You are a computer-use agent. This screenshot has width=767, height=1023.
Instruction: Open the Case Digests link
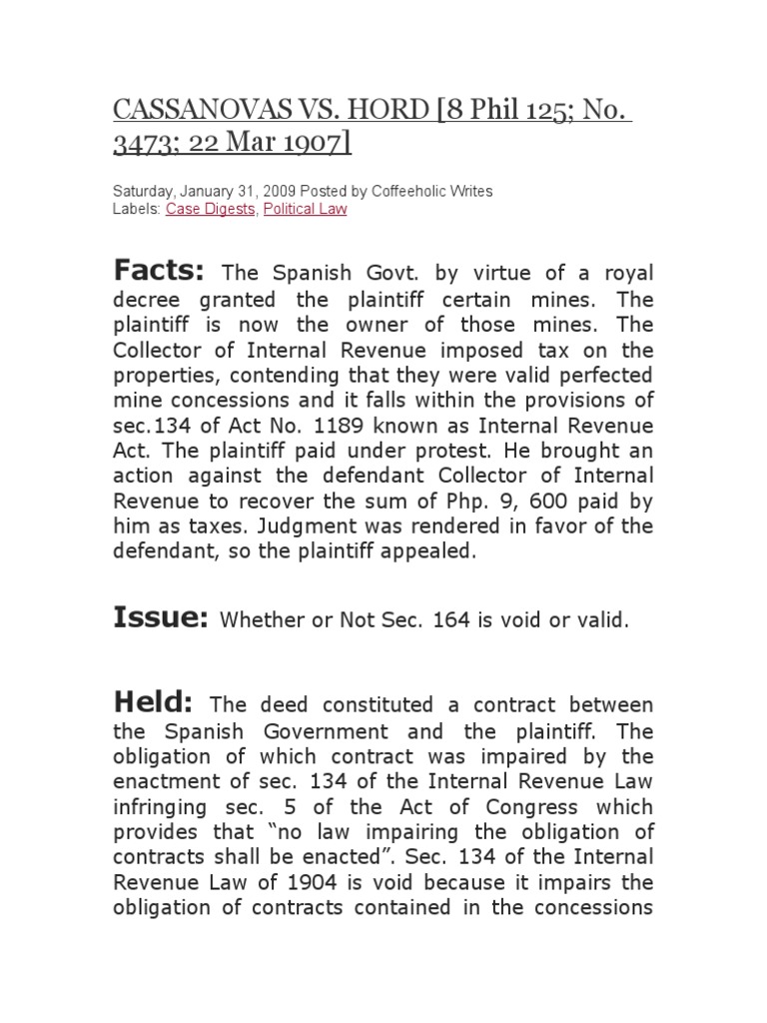click(211, 209)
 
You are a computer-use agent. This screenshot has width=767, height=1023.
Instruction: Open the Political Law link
click(305, 209)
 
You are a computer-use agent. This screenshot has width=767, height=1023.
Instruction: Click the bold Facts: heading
click(159, 270)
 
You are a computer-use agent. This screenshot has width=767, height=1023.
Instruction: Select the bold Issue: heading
click(160, 618)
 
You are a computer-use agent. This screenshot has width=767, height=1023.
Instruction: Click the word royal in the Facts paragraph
click(623, 273)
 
